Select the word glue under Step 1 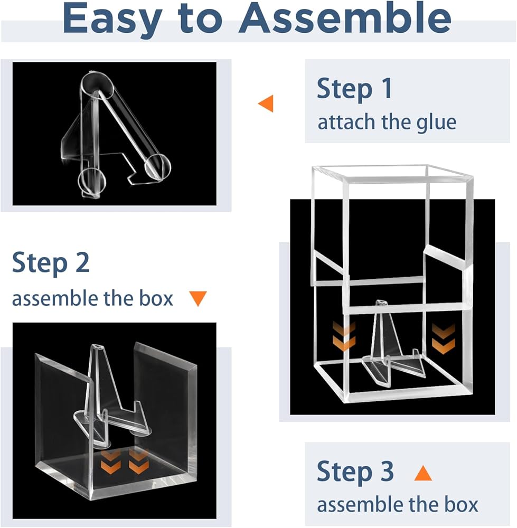click(434, 122)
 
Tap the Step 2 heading click(51, 263)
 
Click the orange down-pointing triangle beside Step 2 click(198, 299)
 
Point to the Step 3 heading click(355, 472)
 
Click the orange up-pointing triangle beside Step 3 click(422, 473)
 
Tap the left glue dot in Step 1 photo click(93, 180)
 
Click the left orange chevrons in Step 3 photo click(344, 337)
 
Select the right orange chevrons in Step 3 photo click(443, 337)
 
